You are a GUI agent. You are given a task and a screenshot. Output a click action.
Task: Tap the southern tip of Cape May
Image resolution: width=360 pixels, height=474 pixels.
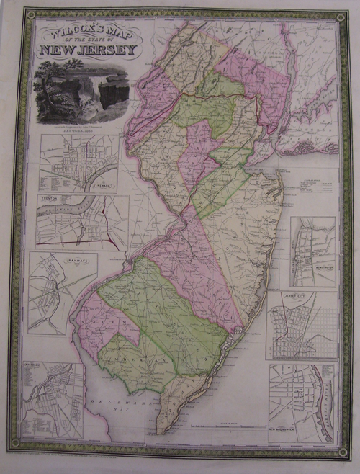pyautogui.click(x=160, y=432)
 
